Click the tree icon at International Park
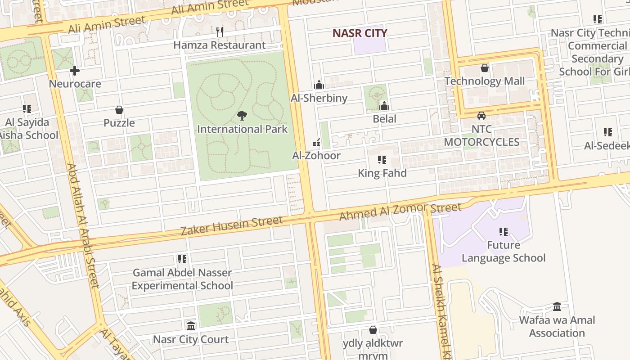242,116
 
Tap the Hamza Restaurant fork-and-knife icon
220,31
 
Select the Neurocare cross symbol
75,71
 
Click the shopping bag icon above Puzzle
119,110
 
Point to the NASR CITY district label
360,33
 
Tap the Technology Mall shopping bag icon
485,68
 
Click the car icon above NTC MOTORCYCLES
481,116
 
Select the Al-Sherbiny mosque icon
319,85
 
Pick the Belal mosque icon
384,106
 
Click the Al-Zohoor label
316,156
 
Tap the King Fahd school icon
382,160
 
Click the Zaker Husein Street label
231,225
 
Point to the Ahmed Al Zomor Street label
400,211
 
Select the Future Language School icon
504,232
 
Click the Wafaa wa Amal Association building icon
557,307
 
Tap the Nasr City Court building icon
191,326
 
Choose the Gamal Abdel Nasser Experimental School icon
182,259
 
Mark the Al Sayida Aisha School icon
27,109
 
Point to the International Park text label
242,129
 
